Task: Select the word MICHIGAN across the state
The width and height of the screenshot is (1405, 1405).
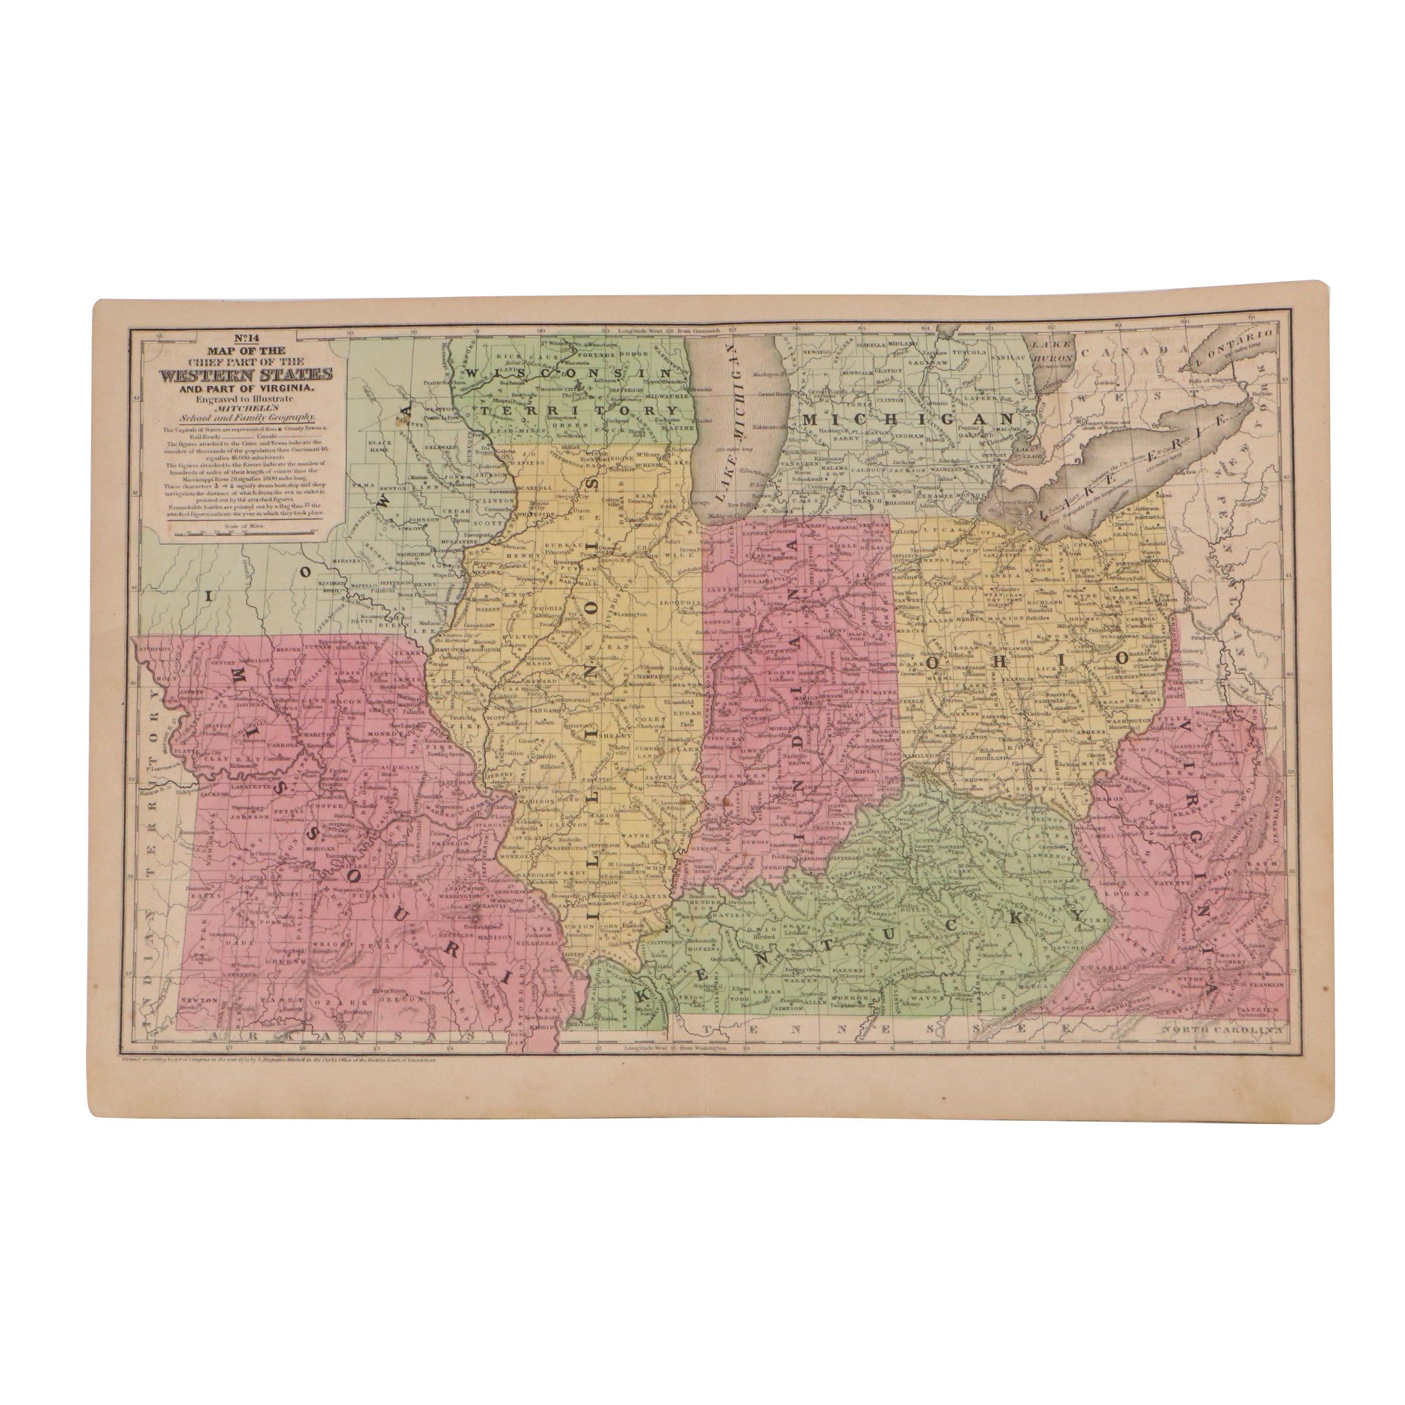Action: click(908, 421)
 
